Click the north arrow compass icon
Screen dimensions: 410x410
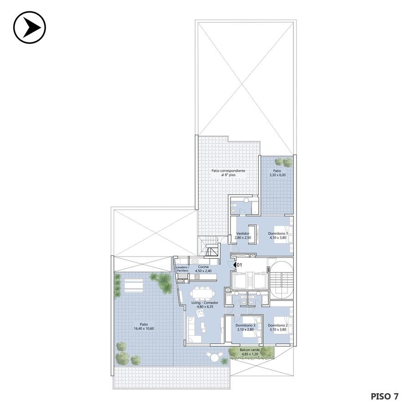coord(30,27)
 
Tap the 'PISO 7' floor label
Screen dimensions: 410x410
coord(384,396)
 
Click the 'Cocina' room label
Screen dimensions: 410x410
coord(203,266)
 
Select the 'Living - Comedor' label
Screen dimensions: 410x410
coord(205,302)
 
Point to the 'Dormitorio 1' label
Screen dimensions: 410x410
coord(278,234)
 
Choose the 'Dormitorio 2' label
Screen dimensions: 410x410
coord(278,326)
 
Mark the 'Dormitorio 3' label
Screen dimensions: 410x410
coord(245,326)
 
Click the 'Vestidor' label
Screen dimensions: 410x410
coord(243,234)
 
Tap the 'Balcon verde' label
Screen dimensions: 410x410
coord(250,350)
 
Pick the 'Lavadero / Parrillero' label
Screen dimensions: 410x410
coord(182,269)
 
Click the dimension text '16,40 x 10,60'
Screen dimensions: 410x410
coord(144,328)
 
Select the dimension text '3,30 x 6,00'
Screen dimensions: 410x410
coord(277,175)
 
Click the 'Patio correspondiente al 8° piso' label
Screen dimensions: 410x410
coord(228,173)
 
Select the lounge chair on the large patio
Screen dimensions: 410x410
coord(134,285)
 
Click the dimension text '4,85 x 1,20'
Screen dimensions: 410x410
coord(250,354)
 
